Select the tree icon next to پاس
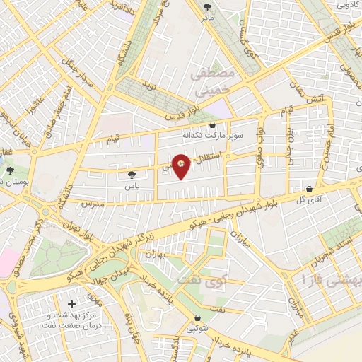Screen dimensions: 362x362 [132, 174]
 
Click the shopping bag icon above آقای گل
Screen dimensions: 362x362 [310, 189]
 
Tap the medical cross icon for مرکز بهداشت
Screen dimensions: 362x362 [72, 304]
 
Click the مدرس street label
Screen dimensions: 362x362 [92, 203]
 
